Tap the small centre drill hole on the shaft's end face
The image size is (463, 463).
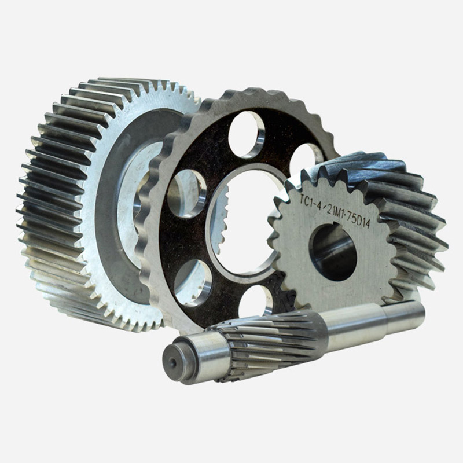tap(172, 363)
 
